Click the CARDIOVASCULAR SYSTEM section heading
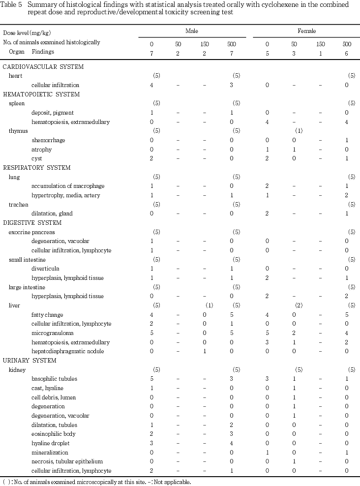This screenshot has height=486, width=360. pos(43,67)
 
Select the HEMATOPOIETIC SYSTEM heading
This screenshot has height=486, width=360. pos(41,94)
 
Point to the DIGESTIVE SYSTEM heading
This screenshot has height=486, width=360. pos(34,223)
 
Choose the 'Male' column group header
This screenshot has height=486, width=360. pos(191,31)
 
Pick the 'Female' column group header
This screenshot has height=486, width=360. pos(307,31)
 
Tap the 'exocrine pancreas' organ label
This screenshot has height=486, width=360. pos(31,232)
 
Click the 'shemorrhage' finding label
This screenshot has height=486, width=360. pos(48,140)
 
